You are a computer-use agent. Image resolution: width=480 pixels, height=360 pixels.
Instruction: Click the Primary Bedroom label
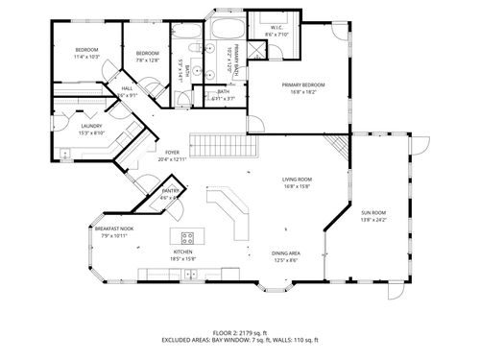pos(302,85)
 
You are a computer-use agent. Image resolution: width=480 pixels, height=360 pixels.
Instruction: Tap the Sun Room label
pos(373,212)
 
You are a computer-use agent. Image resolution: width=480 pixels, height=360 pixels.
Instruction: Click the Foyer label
pos(172,152)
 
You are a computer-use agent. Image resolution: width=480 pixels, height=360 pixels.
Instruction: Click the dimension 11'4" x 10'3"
pos(87,57)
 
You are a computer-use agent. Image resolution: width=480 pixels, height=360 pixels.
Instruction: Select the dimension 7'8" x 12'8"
pos(147,60)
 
